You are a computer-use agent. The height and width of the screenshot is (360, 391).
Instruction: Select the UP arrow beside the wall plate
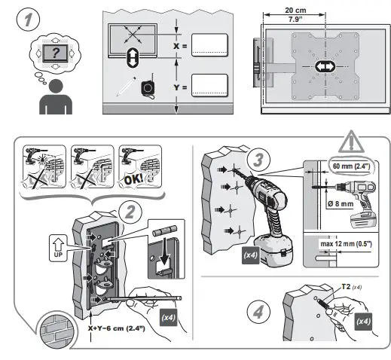60,245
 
